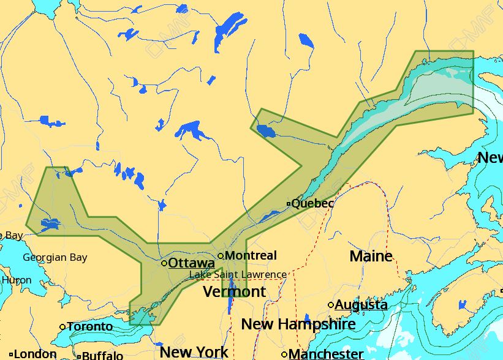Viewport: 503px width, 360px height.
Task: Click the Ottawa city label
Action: point(191,263)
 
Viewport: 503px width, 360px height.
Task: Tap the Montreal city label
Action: point(251,255)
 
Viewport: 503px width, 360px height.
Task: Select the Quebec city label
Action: point(312,203)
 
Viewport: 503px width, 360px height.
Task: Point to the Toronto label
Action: point(90,326)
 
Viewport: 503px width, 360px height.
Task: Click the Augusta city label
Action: point(361,304)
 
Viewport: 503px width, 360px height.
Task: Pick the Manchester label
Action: point(326,354)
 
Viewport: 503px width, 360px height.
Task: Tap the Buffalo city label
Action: point(102,355)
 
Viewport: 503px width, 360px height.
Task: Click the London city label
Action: point(36,354)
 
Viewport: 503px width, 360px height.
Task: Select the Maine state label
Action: point(371,256)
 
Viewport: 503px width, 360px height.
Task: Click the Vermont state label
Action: point(235,291)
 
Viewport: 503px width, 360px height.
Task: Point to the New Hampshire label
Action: point(298,324)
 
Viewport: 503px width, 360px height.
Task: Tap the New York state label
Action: point(194,352)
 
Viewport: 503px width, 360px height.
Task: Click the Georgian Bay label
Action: point(55,258)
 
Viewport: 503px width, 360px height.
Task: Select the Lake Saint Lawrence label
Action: point(238,275)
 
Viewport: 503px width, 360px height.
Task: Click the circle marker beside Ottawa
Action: point(164,263)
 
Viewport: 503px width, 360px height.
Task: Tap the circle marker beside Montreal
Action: point(221,256)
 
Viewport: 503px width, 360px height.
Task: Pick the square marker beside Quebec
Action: point(289,204)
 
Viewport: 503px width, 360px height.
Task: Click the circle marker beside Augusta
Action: point(331,305)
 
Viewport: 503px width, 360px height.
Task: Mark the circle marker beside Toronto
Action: point(62,327)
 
